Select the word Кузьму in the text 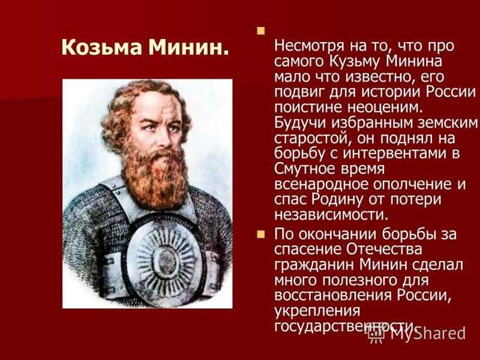(355, 62)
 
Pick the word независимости (331, 215)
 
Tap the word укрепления (317, 311)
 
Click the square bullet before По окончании (260, 235)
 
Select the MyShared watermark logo (416, 333)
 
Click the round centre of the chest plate (166, 261)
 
